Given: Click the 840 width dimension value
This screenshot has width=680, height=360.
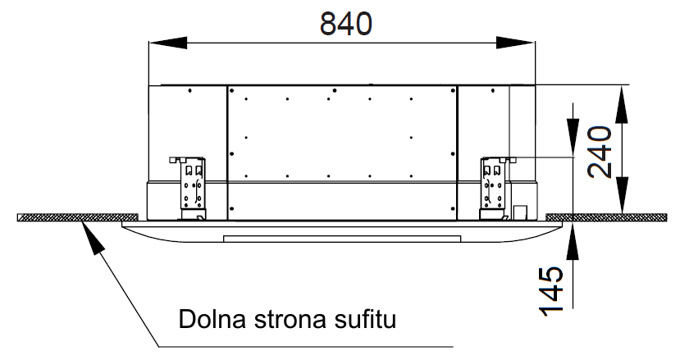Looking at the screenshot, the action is coord(345,24).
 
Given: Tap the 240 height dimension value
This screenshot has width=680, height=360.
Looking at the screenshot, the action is coord(600,152).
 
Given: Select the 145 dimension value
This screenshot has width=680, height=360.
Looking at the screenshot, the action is coord(551,290).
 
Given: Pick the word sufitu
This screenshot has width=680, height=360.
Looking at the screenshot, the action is coord(365,319).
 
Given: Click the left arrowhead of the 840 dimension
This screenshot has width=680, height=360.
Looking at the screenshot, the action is coord(168,43).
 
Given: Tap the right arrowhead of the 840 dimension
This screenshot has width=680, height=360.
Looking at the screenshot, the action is coord(516,43).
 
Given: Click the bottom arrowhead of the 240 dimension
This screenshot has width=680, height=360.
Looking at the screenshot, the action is coord(622,195).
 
